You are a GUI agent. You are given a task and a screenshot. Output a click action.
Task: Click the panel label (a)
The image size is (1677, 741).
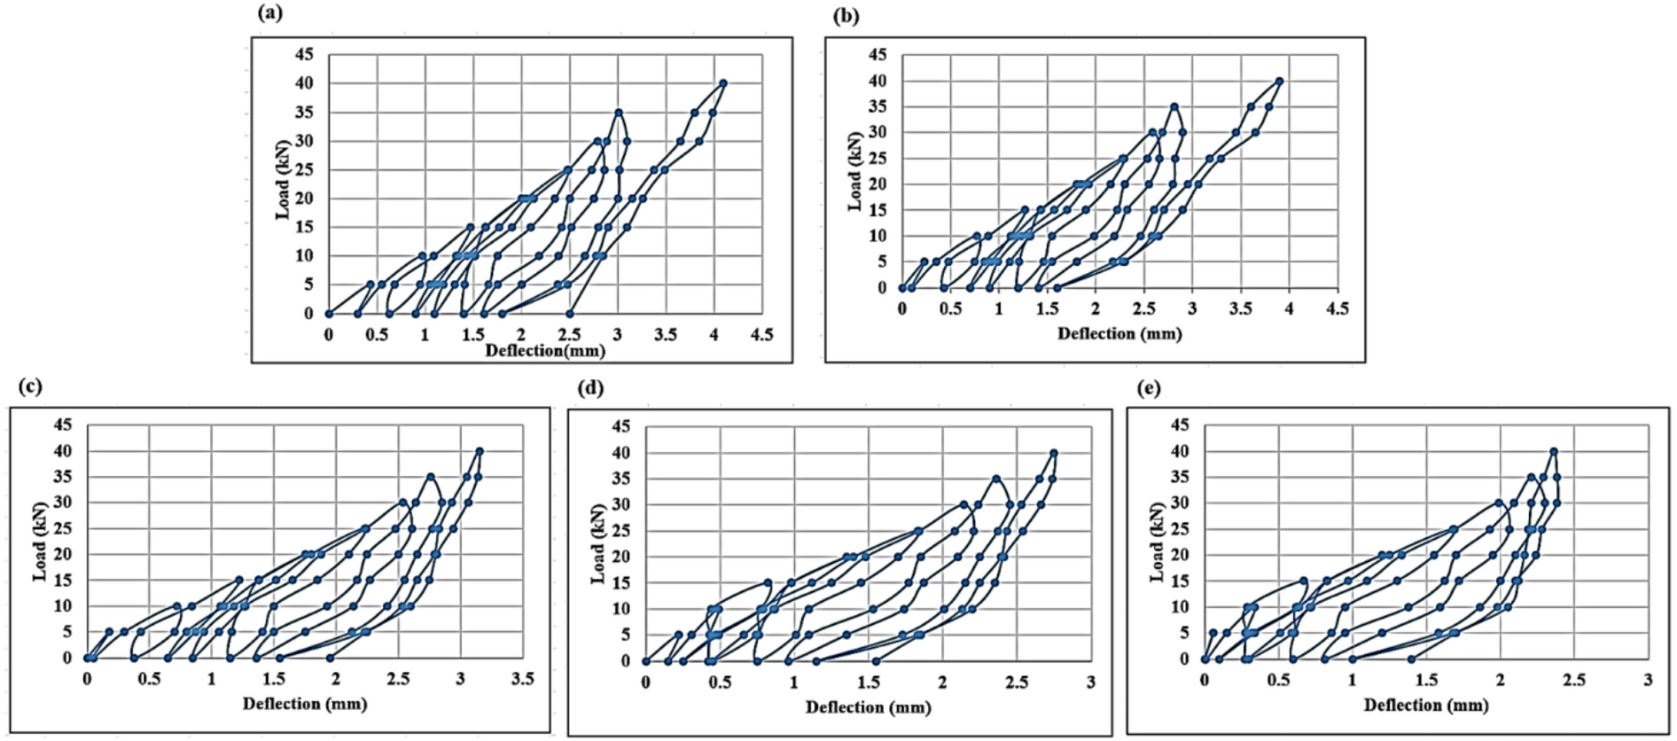(x=270, y=12)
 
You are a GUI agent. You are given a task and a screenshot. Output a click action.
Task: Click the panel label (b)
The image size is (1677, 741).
(x=846, y=16)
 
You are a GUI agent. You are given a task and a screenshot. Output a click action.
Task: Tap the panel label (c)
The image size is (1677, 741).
(x=30, y=386)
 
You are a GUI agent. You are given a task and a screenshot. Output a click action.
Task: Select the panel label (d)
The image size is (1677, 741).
(x=590, y=387)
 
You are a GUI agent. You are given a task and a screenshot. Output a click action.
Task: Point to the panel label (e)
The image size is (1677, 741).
(x=1148, y=387)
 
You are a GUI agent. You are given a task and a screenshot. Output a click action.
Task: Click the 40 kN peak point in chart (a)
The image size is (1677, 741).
(x=723, y=82)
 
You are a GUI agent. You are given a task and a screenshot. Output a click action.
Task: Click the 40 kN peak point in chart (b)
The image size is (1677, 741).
(x=1279, y=81)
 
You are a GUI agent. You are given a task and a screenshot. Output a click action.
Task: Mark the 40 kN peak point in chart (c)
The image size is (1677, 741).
(x=480, y=450)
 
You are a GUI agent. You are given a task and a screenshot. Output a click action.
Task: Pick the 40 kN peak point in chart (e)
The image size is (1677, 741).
(x=1554, y=451)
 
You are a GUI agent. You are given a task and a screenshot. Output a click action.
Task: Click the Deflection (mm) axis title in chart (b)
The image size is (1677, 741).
(x=1119, y=333)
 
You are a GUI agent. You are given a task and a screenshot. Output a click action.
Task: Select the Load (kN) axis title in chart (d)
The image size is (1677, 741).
(x=598, y=544)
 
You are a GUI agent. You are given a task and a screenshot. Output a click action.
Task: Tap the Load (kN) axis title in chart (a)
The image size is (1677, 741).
(x=283, y=179)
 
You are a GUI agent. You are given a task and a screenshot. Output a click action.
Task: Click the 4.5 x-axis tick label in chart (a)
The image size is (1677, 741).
(x=762, y=335)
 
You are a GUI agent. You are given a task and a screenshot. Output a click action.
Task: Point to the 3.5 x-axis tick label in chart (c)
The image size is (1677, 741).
(x=523, y=678)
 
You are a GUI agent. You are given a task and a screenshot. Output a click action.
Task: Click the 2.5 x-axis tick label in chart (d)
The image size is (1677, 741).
(x=1017, y=682)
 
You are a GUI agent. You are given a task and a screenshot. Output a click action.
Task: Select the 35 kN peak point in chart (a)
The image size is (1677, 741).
(x=619, y=113)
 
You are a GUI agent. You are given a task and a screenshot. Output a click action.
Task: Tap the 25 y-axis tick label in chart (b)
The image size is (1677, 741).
(x=877, y=159)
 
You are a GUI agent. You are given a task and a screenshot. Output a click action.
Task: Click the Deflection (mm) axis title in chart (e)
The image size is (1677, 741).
(x=1426, y=705)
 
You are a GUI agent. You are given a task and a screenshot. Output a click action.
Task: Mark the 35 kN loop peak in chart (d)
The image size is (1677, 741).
(x=996, y=479)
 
